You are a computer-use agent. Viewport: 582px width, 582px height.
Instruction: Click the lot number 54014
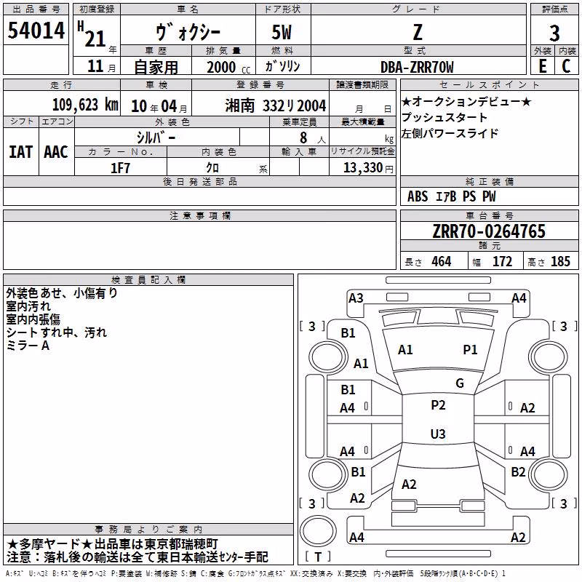tap(36, 31)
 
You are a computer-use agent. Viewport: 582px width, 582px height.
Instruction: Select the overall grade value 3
tap(554, 33)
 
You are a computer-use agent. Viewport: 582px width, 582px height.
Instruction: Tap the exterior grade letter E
tap(543, 66)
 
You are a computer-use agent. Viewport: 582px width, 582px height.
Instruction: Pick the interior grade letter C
tap(566, 66)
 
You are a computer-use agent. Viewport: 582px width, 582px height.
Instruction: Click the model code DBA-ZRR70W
tap(417, 67)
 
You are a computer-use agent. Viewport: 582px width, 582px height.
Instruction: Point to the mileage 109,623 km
tap(85, 105)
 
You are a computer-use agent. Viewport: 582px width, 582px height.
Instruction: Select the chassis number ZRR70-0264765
tap(489, 231)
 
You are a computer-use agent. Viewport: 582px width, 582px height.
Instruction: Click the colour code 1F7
tap(120, 168)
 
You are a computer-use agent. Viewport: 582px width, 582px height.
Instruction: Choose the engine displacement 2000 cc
tap(228, 68)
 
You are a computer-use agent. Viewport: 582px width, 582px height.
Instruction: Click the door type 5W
tap(282, 32)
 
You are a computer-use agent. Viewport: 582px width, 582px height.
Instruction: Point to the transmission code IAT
tap(21, 152)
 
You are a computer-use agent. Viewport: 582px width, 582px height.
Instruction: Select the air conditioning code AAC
tap(56, 152)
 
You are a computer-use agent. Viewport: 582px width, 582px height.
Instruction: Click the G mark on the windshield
tap(460, 383)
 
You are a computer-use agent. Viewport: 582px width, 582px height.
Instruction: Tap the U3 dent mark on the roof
tap(438, 434)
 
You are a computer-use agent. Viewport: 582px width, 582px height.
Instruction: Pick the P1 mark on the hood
tap(470, 350)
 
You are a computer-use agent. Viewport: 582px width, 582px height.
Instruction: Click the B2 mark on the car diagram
tap(518, 472)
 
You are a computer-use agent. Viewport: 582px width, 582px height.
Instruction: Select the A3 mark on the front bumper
tap(356, 298)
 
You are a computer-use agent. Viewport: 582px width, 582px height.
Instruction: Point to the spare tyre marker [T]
tap(318, 557)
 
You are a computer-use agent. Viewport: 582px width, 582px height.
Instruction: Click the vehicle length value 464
tap(442, 262)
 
